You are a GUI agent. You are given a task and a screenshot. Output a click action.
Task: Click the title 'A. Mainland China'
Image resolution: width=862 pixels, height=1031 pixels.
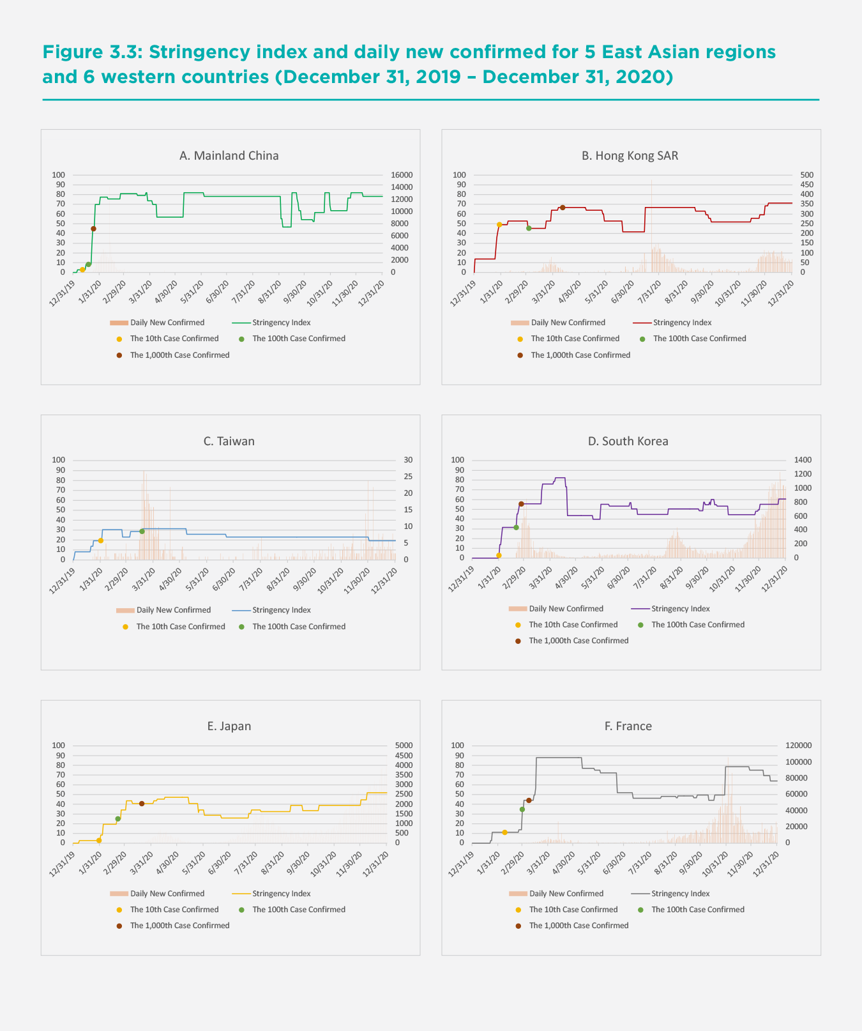tap(229, 156)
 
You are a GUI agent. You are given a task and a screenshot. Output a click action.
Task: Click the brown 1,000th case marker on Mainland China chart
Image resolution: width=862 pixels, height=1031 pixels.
tap(93, 229)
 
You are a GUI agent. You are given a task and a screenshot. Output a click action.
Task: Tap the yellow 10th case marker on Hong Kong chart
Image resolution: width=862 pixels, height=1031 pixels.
tap(499, 225)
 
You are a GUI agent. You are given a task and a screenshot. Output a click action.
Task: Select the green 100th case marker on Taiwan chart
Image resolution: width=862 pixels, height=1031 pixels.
tap(142, 531)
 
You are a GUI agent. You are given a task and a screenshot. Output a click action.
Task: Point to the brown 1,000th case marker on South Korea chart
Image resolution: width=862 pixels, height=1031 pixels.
tap(521, 504)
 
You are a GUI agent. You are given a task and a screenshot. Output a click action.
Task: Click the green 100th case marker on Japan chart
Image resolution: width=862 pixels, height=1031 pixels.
tap(117, 819)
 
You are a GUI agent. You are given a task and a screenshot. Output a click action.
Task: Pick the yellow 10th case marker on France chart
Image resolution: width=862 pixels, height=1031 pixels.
tap(504, 832)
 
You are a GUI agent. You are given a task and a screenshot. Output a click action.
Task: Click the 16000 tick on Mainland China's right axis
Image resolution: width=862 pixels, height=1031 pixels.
tap(402, 175)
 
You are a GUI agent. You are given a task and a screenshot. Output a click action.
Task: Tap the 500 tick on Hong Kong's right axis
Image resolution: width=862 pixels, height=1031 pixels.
tap(807, 175)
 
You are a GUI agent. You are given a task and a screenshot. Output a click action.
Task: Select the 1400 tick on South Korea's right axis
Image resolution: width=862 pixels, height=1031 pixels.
tap(802, 460)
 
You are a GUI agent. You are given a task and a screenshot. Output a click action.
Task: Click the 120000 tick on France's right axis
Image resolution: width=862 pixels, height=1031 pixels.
tap(798, 745)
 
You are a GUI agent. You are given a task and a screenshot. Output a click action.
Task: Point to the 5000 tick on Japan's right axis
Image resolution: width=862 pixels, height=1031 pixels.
tap(404, 745)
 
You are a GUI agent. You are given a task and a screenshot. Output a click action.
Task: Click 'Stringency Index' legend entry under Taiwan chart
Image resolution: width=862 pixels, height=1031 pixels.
tap(281, 610)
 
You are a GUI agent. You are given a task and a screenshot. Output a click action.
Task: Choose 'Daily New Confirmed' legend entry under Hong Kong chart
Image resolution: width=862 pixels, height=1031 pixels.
tap(568, 323)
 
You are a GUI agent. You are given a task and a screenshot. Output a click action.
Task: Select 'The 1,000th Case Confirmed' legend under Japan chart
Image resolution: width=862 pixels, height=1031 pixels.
tap(179, 926)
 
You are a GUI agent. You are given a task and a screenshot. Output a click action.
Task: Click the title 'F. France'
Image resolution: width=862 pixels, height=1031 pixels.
tap(628, 726)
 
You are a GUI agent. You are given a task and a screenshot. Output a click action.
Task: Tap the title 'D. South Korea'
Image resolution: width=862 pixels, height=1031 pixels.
tap(628, 441)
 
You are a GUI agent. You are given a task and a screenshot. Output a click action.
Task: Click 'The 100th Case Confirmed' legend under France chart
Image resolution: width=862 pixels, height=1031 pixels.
tap(697, 910)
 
